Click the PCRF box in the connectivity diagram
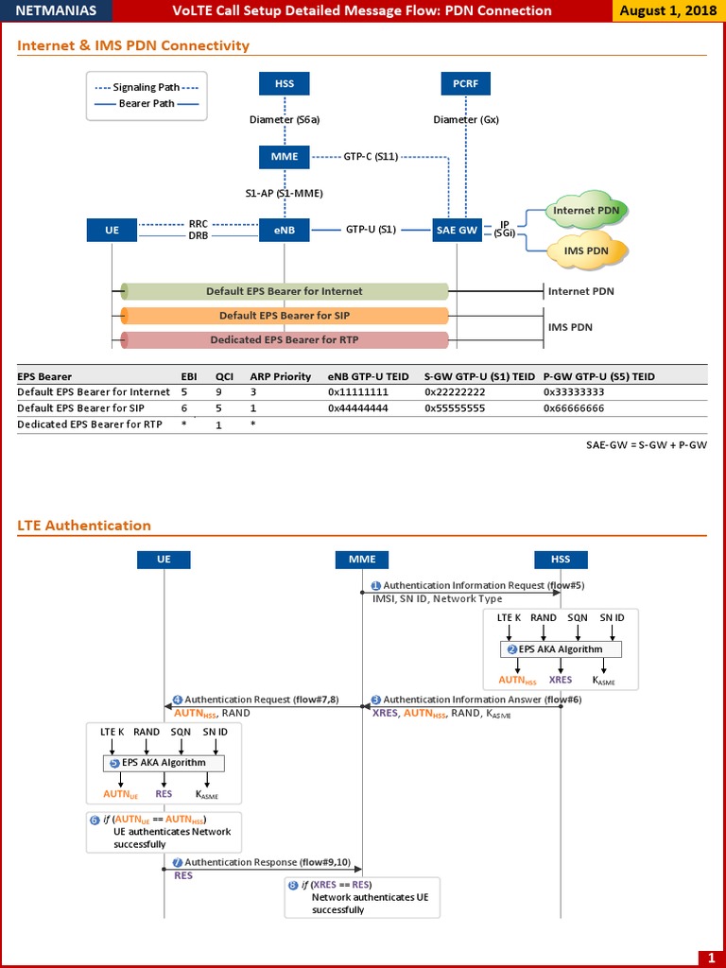tap(466, 83)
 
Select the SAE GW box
tap(458, 230)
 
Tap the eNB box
tap(284, 230)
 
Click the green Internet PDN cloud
tap(587, 211)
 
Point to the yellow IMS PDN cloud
tap(587, 251)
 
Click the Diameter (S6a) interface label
tap(285, 120)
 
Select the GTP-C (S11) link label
tap(371, 156)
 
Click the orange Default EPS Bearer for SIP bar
tap(285, 316)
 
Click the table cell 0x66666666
tap(574, 408)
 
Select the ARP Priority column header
tap(280, 376)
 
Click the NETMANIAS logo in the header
tap(56, 11)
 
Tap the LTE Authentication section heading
tap(84, 526)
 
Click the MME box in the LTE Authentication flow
tap(362, 560)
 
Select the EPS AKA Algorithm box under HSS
tap(561, 649)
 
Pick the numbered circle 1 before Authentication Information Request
tap(375, 586)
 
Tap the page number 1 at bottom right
tap(711, 958)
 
